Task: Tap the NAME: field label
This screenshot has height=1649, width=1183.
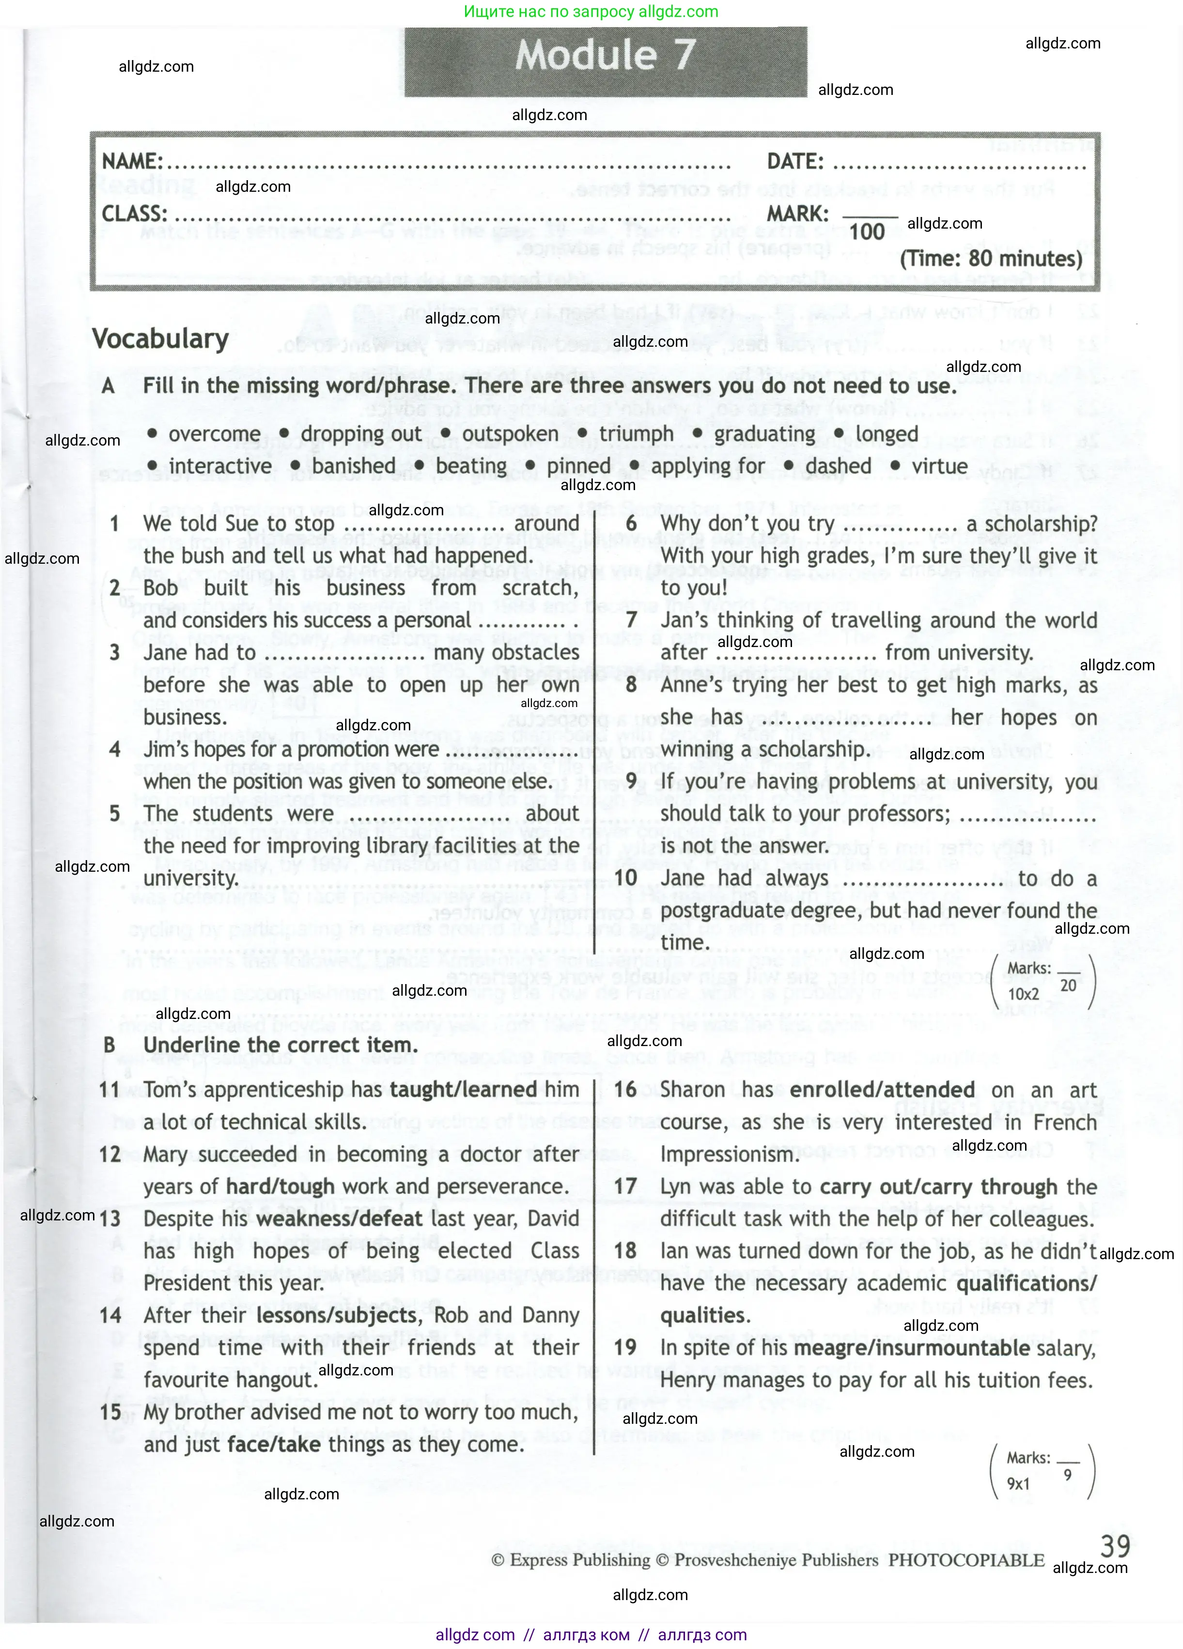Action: [x=132, y=161]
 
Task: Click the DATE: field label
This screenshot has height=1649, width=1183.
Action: [x=795, y=161]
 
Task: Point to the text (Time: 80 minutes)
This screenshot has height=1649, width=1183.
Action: [x=990, y=259]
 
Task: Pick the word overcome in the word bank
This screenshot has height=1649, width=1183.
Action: [x=214, y=434]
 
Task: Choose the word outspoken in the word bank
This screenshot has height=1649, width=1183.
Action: [x=510, y=434]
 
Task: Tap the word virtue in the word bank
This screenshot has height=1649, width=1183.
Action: [x=939, y=466]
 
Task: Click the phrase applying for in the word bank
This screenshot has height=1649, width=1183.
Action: [x=707, y=466]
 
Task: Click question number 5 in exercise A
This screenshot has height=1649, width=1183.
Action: [x=115, y=814]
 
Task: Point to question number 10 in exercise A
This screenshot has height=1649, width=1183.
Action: [x=625, y=878]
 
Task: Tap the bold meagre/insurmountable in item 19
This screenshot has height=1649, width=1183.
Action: [x=912, y=1348]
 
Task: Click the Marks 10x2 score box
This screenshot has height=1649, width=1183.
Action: [x=1042, y=982]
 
